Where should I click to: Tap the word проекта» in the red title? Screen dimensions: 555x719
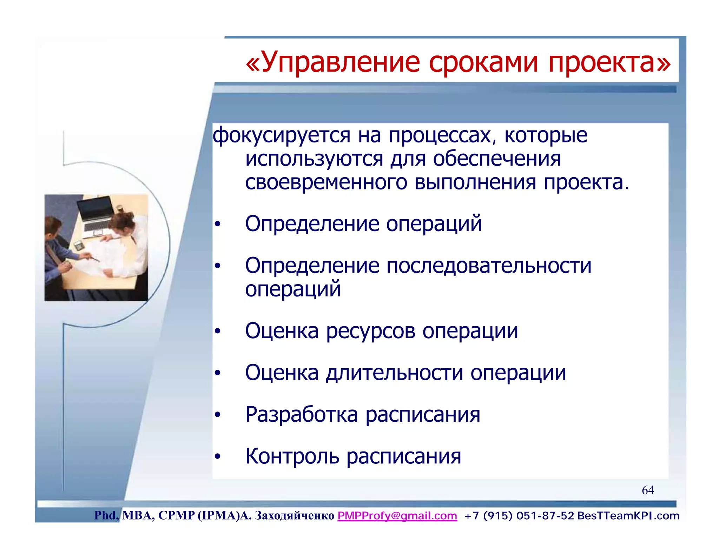coord(609,62)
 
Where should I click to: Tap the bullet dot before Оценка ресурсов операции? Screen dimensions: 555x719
coord(218,331)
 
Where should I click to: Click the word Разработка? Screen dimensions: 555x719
coord(301,415)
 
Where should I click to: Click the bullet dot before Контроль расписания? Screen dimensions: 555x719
coord(218,456)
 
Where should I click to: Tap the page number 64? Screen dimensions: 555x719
coord(648,490)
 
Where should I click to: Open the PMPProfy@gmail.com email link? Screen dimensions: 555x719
coord(397,516)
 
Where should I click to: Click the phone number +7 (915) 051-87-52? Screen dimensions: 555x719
coord(519,516)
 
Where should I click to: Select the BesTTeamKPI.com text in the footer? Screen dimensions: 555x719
coord(628,516)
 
